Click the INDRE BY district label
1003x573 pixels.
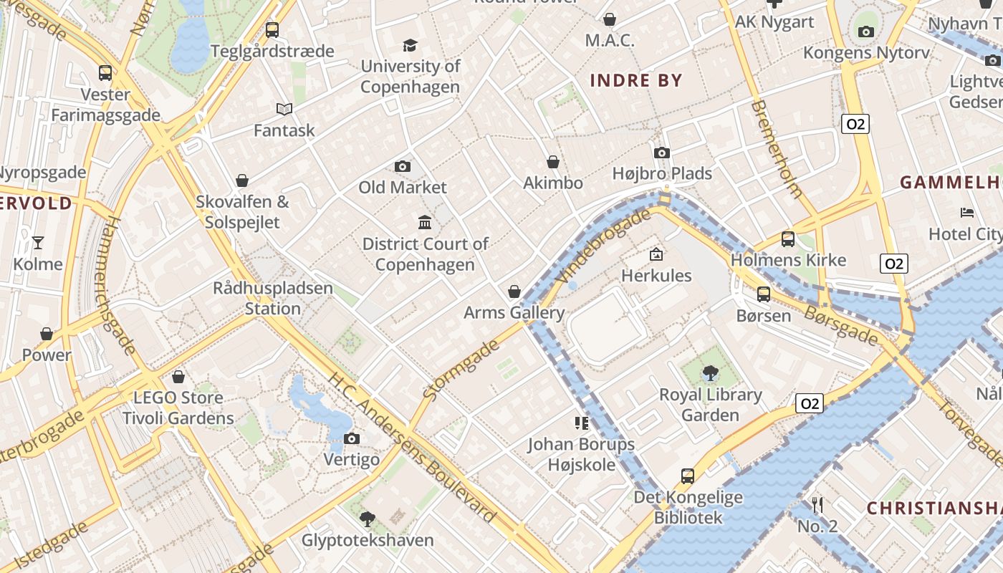click(x=636, y=80)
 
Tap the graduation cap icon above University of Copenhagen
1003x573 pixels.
click(x=410, y=45)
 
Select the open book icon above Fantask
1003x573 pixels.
click(x=284, y=109)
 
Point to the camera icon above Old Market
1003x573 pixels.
click(x=403, y=166)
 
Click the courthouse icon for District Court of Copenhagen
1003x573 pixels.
click(x=425, y=222)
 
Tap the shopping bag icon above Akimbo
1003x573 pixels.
click(x=553, y=162)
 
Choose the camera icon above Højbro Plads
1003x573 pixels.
click(x=662, y=153)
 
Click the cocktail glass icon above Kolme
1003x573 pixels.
click(x=38, y=243)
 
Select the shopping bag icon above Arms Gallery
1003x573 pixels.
click(x=514, y=292)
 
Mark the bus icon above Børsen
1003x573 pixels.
click(x=764, y=294)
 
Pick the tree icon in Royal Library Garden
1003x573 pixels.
click(x=710, y=372)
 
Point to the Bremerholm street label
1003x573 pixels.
click(x=777, y=149)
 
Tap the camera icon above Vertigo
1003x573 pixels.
click(x=351, y=438)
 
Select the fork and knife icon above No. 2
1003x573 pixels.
click(x=817, y=505)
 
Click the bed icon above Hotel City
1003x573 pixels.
click(x=967, y=213)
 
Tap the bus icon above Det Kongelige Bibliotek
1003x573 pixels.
click(x=688, y=476)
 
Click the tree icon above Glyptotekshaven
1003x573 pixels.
click(x=368, y=519)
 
